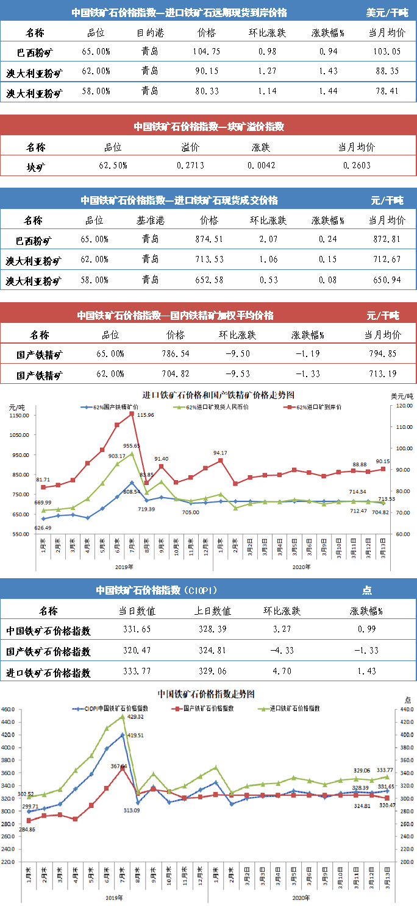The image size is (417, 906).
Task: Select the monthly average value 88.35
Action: click(387, 71)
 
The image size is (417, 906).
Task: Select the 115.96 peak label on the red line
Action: click(147, 415)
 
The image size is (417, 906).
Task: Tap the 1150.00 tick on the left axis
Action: click(19, 416)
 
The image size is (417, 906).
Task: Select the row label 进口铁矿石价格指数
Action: click(48, 673)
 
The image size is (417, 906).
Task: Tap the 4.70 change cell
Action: click(272, 673)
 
